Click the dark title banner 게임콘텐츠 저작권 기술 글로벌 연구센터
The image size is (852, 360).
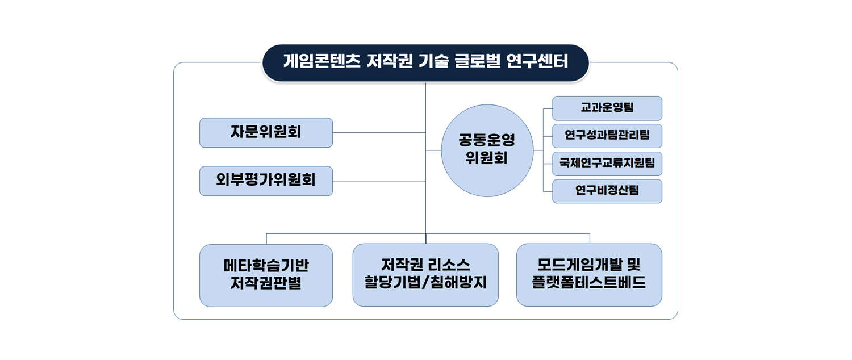(x=425, y=61)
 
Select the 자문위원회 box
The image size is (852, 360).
(x=266, y=132)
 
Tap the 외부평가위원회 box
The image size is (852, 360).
(x=266, y=181)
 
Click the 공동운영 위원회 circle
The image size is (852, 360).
(x=487, y=150)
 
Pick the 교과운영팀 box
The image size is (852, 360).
(x=607, y=108)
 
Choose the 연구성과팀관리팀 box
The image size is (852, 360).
(x=607, y=136)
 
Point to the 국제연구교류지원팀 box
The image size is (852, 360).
(x=607, y=164)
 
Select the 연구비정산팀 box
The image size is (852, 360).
(x=607, y=191)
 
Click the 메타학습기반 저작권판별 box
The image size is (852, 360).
(x=266, y=275)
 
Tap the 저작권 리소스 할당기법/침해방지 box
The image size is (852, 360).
(x=425, y=275)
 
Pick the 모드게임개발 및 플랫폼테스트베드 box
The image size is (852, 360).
(x=589, y=275)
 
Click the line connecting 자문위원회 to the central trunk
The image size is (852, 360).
(x=379, y=132)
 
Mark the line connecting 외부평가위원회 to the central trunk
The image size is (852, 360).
(x=379, y=181)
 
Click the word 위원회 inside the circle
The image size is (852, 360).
(x=486, y=158)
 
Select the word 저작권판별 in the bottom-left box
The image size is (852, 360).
(x=266, y=283)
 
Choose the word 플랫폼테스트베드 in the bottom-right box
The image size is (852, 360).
(x=589, y=283)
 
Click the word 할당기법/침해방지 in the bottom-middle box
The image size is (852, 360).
(x=425, y=283)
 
